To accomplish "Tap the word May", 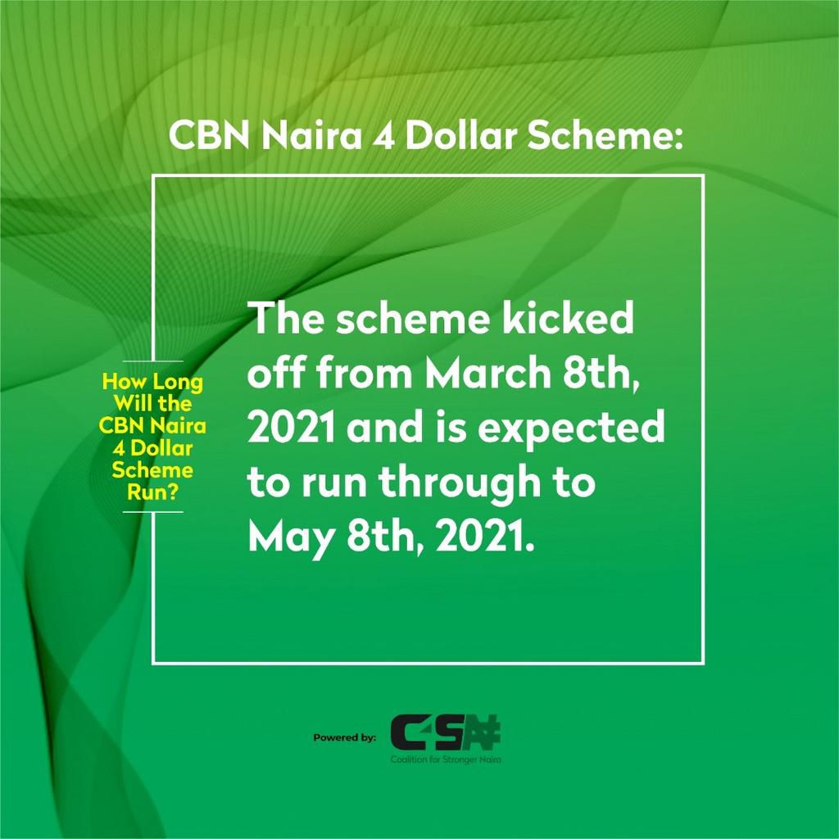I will pyautogui.click(x=283, y=538).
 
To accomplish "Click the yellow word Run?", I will pyautogui.click(x=152, y=492).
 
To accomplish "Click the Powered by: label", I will pyautogui.click(x=344, y=737).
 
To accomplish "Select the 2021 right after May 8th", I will pyautogui.click(x=488, y=538).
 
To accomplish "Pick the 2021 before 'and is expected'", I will pyautogui.click(x=293, y=429).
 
